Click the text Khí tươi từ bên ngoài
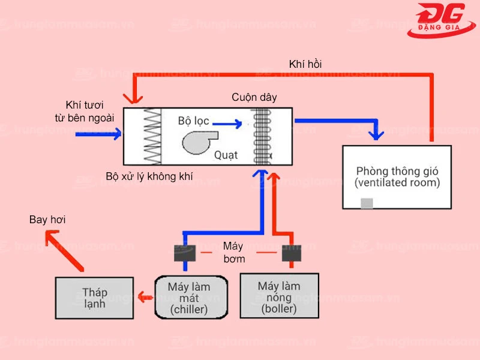click(81, 110)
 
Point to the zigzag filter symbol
click(152, 136)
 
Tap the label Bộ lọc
click(193, 121)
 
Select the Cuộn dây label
click(254, 97)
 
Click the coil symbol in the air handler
click(262, 136)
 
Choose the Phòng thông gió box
click(397, 176)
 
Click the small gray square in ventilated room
click(367, 203)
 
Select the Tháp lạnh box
click(94, 298)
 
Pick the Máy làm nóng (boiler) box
click(279, 296)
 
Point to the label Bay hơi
click(47, 220)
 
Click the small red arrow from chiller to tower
click(144, 296)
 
